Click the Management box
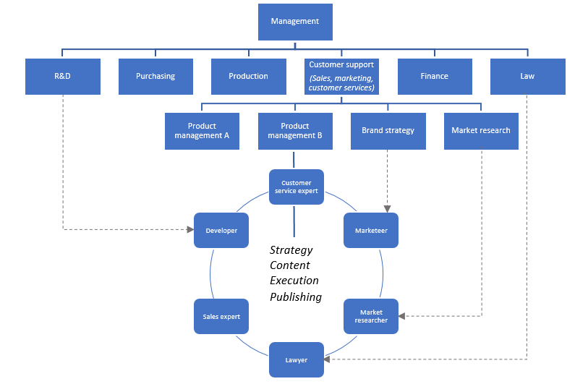click(x=294, y=22)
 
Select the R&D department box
click(x=62, y=76)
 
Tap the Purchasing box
click(x=155, y=76)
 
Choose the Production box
click(x=248, y=76)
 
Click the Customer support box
click(x=341, y=76)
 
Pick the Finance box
click(x=434, y=76)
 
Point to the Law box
click(x=527, y=76)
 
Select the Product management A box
click(x=202, y=131)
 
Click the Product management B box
click(x=294, y=131)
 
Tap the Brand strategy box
click(x=388, y=131)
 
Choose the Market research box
click(x=481, y=131)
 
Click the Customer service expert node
click(x=297, y=187)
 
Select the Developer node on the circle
click(x=221, y=231)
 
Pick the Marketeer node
click(x=371, y=231)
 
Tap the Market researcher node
click(x=371, y=316)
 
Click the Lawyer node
click(x=297, y=359)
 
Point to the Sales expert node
click(x=221, y=317)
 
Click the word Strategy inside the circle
click(x=291, y=250)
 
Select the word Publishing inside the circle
click(x=296, y=297)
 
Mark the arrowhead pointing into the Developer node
click(x=191, y=230)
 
